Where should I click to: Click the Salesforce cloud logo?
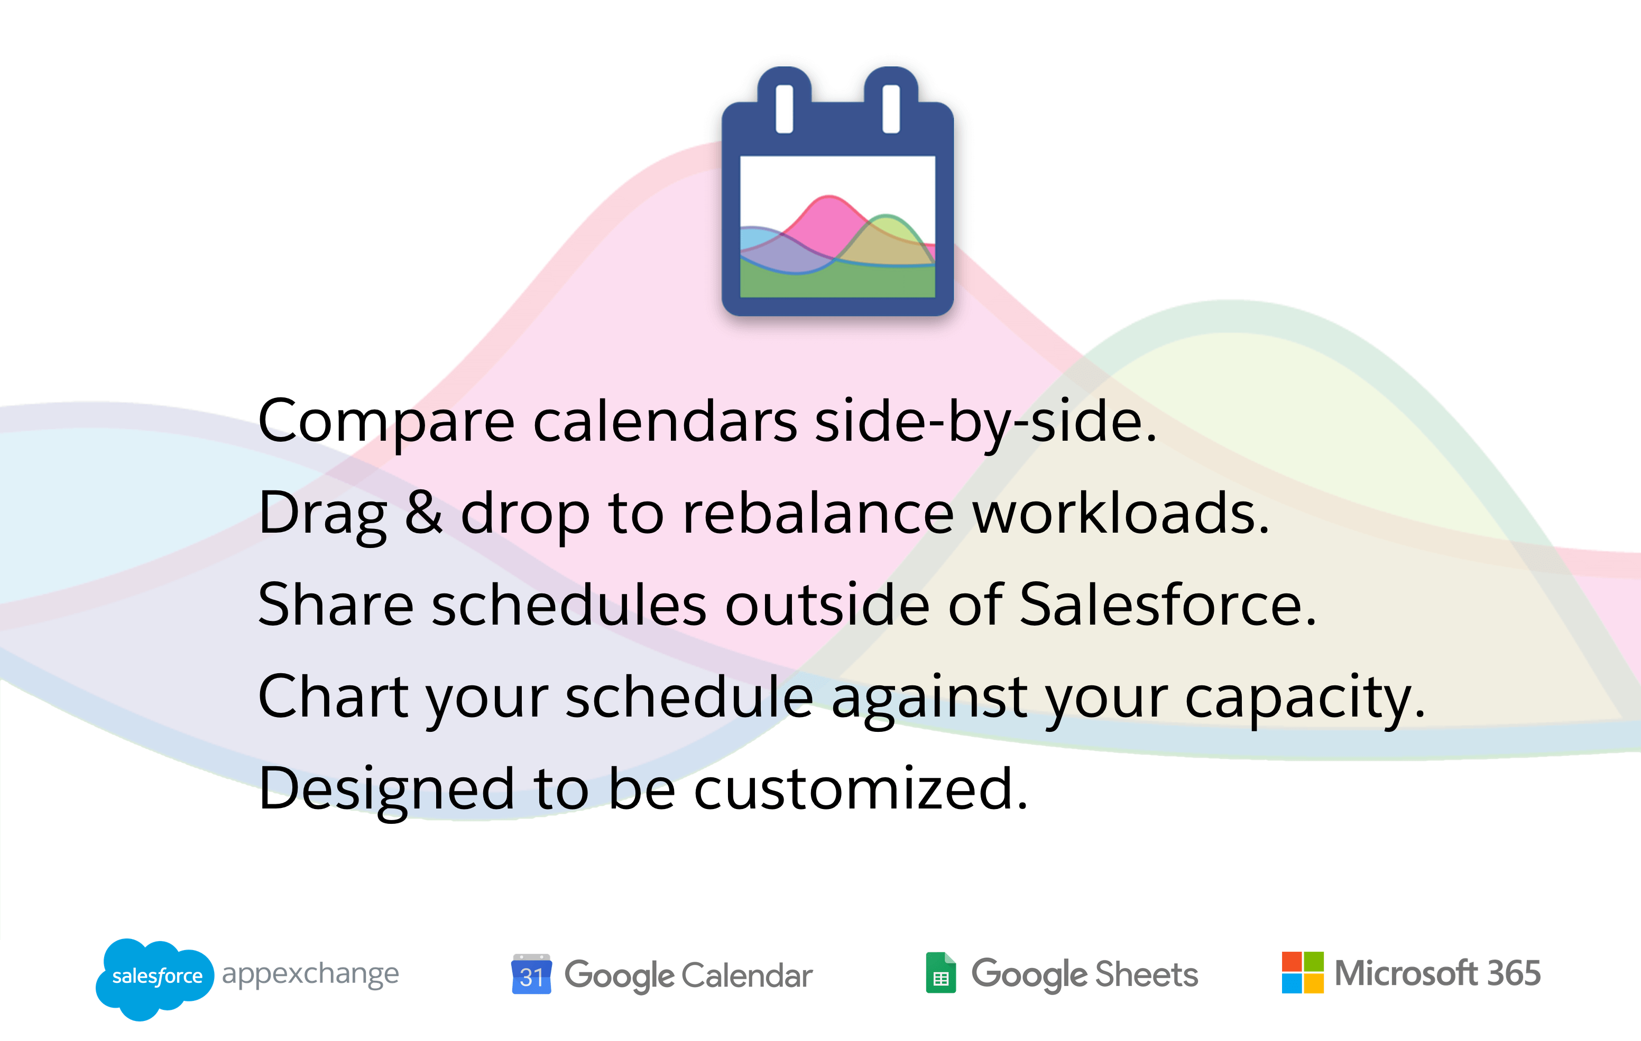(x=155, y=978)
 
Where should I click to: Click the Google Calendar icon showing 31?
(x=531, y=974)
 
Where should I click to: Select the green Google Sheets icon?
(x=941, y=973)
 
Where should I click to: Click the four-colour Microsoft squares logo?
(x=1302, y=973)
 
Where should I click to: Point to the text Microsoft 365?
(x=1438, y=973)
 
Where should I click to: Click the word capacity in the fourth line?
(x=1305, y=698)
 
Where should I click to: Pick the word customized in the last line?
(x=861, y=788)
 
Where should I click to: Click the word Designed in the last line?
(x=386, y=789)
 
